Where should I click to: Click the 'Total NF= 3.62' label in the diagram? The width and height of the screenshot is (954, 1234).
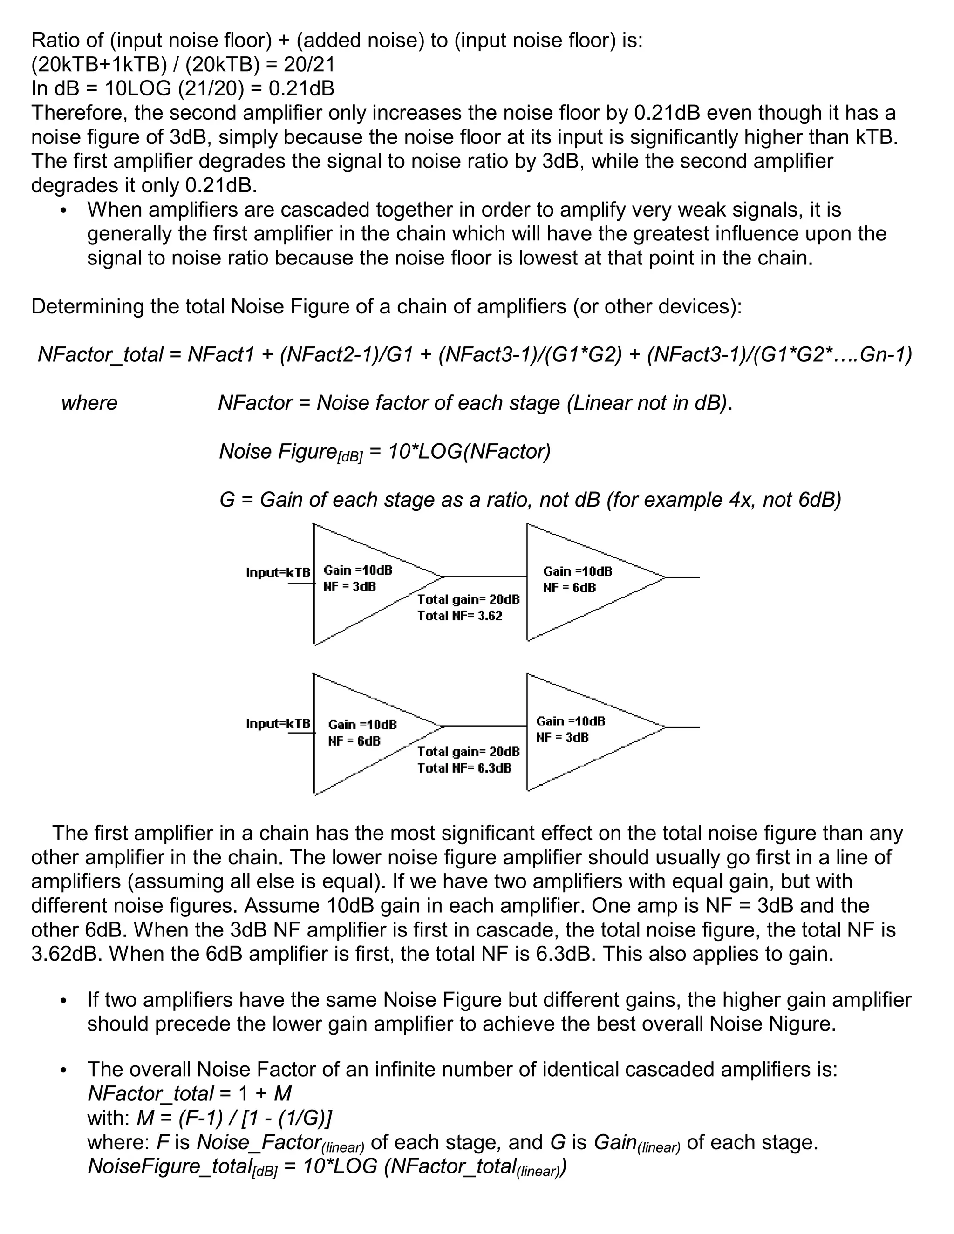(459, 616)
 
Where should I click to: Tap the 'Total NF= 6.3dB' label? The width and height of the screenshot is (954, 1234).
(464, 768)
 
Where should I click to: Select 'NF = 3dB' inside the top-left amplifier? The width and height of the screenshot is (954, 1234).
(349, 586)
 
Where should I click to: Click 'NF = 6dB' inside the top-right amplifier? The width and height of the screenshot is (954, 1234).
(569, 588)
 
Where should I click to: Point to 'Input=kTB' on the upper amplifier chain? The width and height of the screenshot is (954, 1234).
(278, 572)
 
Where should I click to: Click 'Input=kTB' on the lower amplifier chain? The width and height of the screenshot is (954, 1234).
(278, 723)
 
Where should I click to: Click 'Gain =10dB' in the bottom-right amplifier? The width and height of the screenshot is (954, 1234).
(570, 721)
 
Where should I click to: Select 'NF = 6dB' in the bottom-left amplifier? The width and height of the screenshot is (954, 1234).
(354, 741)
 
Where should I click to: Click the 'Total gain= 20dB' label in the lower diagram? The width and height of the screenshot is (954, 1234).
(468, 752)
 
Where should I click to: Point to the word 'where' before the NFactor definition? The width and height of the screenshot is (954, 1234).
(89, 403)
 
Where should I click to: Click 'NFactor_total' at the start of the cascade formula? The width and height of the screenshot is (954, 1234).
(100, 355)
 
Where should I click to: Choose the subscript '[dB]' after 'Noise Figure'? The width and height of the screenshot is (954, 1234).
(349, 456)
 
